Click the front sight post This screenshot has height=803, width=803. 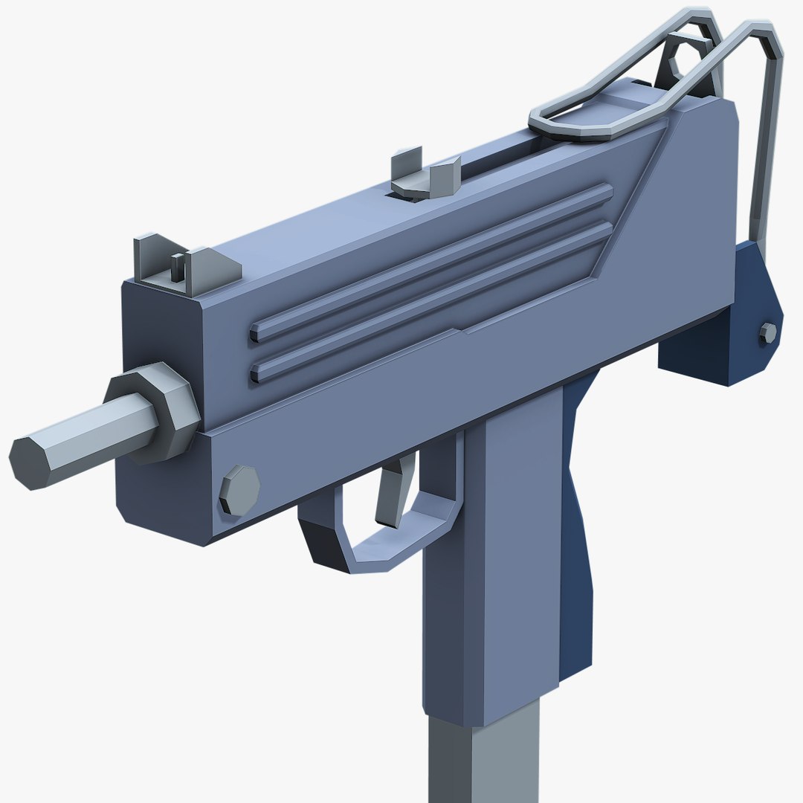[x=176, y=266]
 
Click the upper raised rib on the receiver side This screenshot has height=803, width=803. [x=431, y=260]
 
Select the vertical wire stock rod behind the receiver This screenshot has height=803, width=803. [x=766, y=149]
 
